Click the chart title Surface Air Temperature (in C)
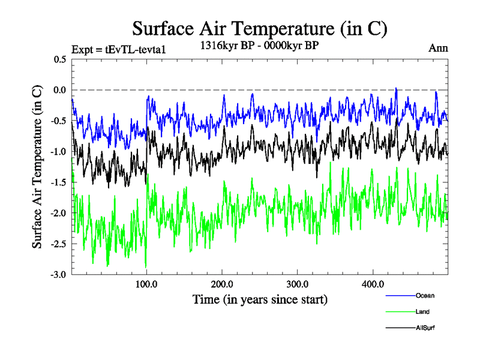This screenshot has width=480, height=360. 260,28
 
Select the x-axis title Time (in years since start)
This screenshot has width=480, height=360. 260,299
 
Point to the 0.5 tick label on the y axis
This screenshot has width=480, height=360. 60,59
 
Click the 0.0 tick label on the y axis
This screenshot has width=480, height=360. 60,90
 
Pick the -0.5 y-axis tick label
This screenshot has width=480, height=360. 58,121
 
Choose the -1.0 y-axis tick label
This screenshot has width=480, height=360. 58,152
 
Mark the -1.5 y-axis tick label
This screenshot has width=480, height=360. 58,182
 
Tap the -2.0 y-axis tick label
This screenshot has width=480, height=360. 58,214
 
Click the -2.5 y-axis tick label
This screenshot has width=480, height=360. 58,244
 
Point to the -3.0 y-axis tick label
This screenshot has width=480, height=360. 58,275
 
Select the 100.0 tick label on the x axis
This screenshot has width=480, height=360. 147,284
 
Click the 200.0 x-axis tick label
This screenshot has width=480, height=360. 222,284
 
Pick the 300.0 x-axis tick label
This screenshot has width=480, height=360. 298,284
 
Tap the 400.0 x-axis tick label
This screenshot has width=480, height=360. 373,284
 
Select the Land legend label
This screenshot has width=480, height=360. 422,312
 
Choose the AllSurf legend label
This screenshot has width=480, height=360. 425,328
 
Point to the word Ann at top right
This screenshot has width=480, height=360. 438,48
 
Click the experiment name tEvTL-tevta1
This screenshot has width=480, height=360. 135,49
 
